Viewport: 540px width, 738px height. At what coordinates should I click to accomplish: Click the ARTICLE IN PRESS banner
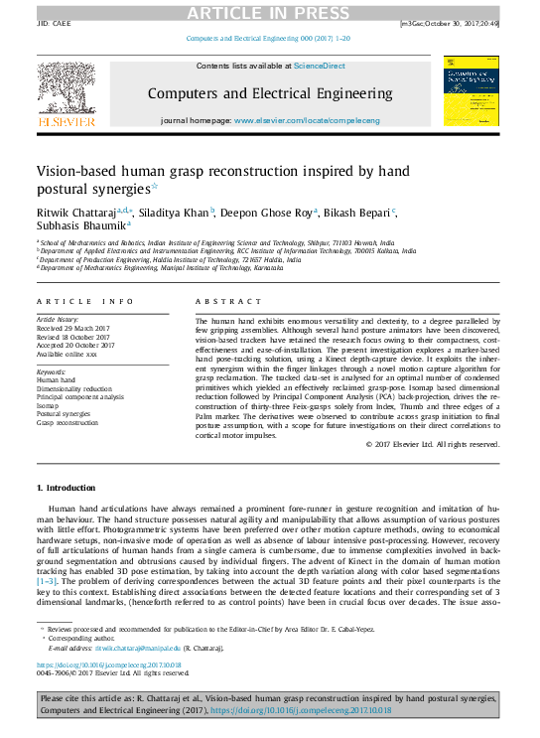pyautogui.click(x=269, y=11)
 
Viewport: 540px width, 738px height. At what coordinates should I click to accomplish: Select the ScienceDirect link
pyautogui.click(x=319, y=66)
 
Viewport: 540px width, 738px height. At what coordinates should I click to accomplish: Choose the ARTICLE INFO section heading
pyautogui.click(x=85, y=300)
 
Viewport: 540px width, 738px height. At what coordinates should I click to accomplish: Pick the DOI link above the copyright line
pyautogui.click(x=109, y=664)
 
